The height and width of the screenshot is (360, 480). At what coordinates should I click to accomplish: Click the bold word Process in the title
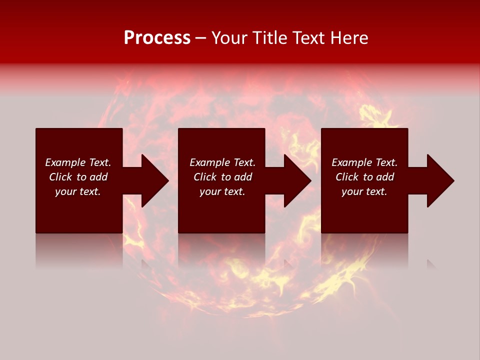click(x=157, y=38)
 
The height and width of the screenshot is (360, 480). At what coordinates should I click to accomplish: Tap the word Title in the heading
click(x=270, y=38)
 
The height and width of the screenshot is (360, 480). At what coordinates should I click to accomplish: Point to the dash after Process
click(x=201, y=38)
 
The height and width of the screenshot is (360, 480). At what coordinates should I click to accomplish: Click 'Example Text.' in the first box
click(x=78, y=162)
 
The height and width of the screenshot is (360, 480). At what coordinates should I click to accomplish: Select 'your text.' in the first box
click(x=78, y=191)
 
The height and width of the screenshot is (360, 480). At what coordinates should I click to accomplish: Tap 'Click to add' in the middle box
click(x=222, y=177)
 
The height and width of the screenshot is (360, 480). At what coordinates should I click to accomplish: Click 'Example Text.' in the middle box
click(x=222, y=162)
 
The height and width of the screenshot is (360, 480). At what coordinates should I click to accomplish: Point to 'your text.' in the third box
click(x=364, y=191)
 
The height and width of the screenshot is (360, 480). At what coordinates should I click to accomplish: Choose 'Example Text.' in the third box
click(x=364, y=162)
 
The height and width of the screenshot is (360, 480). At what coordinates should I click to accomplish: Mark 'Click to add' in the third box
click(x=364, y=177)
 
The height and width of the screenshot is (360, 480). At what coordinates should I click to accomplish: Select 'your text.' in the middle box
click(x=222, y=191)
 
